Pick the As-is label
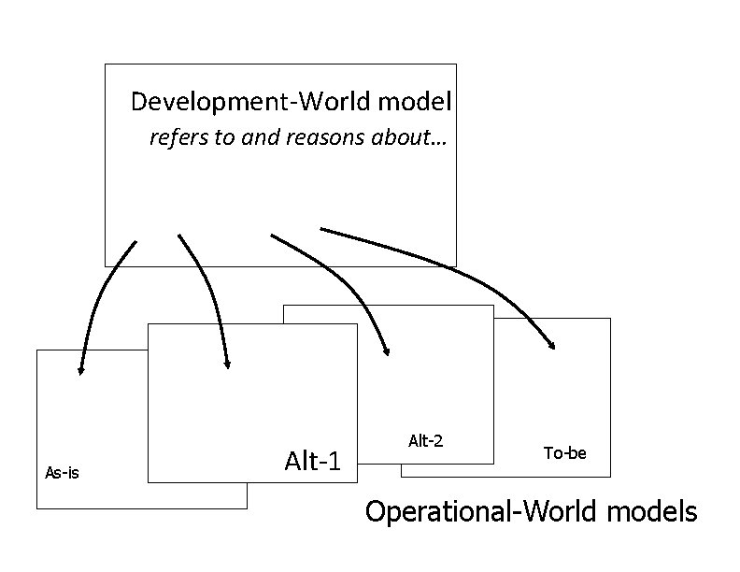(x=62, y=473)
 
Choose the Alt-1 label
(x=312, y=460)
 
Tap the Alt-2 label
(x=425, y=439)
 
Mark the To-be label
(x=565, y=453)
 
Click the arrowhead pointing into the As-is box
(x=81, y=371)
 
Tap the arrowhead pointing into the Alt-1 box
(x=228, y=365)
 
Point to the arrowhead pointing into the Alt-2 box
(x=388, y=352)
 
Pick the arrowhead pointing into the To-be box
(x=552, y=346)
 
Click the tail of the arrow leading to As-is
(x=135, y=242)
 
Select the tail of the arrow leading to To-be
(x=321, y=228)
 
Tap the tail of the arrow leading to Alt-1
(x=179, y=236)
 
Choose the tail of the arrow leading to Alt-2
(x=272, y=234)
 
